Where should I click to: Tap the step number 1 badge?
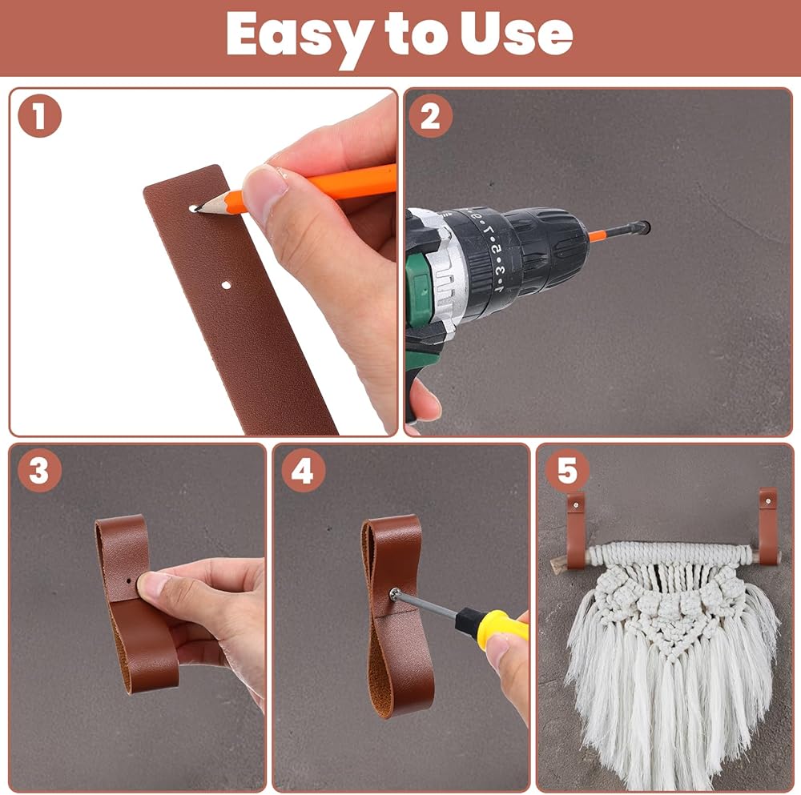coord(40,116)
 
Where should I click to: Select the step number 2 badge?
coord(430,116)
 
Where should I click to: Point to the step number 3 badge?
coord(40,470)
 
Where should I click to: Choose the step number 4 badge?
coord(303,470)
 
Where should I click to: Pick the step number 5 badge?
coord(567,470)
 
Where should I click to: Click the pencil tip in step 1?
coord(197,208)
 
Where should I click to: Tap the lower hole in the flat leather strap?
coord(226,285)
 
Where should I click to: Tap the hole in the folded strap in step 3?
coord(130,580)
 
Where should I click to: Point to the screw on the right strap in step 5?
coord(768,503)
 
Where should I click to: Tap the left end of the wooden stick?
coord(553,564)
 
